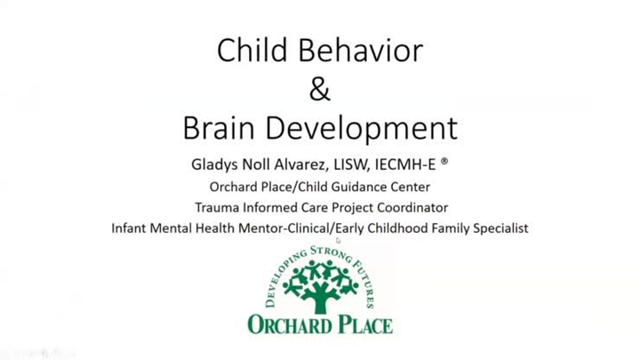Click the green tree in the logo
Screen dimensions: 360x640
click(x=320, y=283)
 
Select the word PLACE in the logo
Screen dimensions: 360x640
click(x=365, y=325)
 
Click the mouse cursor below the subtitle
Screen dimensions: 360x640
click(x=339, y=240)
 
